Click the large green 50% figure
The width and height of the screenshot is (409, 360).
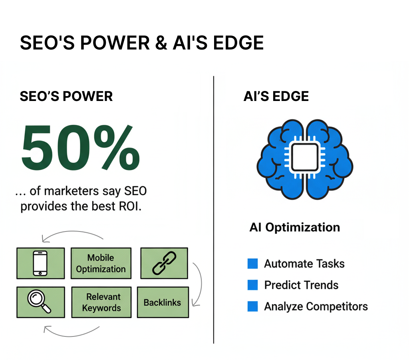click(80, 147)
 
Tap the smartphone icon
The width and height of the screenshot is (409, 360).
click(40, 263)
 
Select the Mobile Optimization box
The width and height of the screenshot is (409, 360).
click(101, 263)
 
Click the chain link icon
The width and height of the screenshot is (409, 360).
click(164, 263)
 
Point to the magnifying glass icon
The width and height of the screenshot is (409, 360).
click(39, 301)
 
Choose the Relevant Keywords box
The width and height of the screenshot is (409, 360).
click(101, 303)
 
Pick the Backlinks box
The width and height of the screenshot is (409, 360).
click(163, 303)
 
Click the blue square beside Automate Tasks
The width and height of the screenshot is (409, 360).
click(252, 263)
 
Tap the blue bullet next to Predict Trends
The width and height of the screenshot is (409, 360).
click(252, 285)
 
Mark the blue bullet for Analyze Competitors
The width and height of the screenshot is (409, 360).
click(252, 306)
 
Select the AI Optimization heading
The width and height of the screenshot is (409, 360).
click(295, 227)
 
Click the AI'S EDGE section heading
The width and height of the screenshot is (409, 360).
click(276, 96)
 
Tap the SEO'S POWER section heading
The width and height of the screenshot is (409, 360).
click(66, 96)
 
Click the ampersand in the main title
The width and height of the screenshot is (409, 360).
click(161, 43)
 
